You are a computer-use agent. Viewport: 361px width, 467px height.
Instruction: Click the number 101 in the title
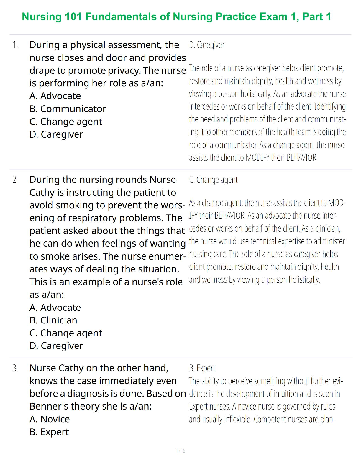(x=73, y=17)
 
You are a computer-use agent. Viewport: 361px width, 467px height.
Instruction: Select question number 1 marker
(x=15, y=45)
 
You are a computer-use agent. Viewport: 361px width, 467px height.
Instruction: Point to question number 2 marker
(x=15, y=180)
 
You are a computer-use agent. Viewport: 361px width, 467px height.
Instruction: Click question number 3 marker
(x=15, y=368)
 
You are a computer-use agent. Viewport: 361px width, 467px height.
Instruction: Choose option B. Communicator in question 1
(x=68, y=109)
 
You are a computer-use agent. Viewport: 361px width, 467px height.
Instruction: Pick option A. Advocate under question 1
(x=55, y=96)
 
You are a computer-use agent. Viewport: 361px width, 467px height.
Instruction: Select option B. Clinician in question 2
(x=53, y=320)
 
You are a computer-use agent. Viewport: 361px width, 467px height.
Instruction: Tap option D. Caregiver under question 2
(x=56, y=346)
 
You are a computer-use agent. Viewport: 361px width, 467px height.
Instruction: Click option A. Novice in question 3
(x=50, y=419)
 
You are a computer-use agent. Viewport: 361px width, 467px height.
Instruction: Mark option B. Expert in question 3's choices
(x=49, y=432)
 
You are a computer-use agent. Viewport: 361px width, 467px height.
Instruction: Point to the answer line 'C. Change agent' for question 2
(x=213, y=180)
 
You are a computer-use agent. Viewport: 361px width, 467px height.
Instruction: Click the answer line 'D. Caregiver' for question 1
(x=207, y=45)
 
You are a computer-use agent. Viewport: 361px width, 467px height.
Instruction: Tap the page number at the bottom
(x=180, y=451)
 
